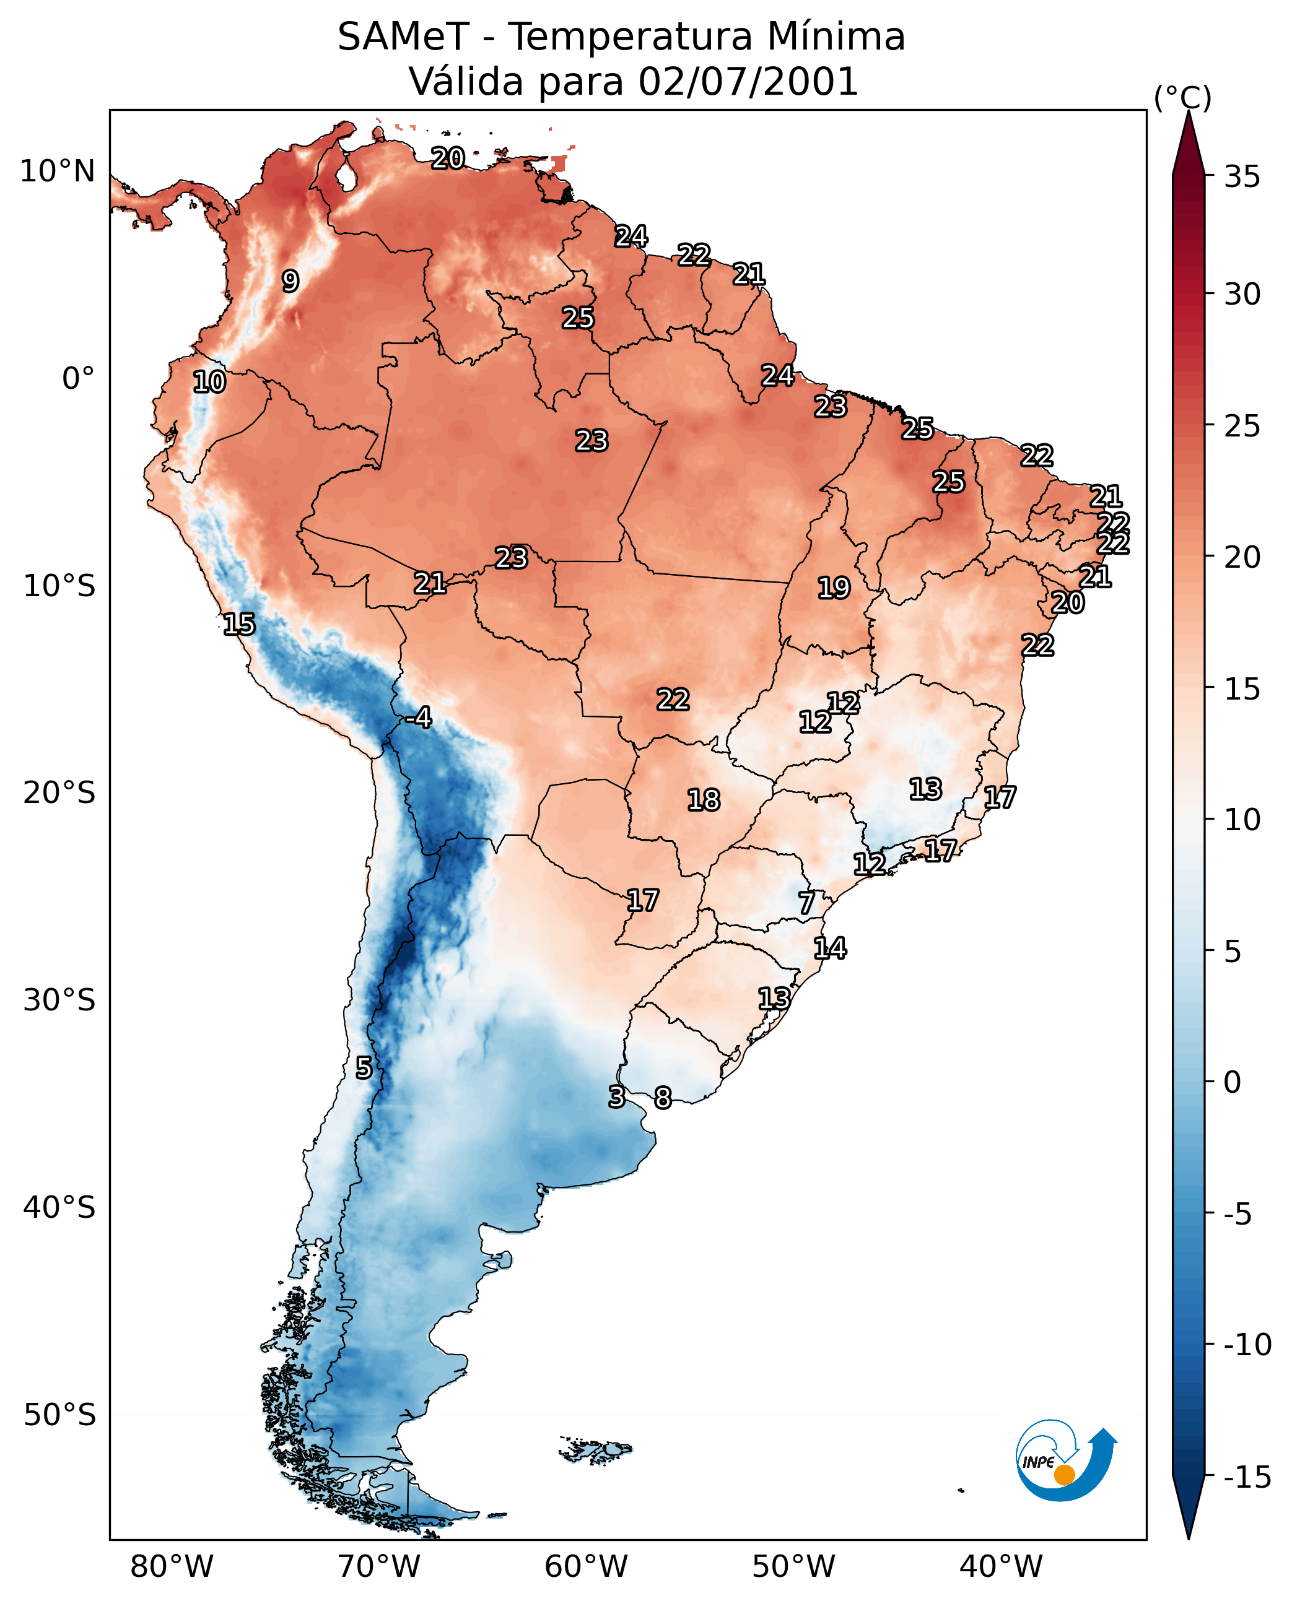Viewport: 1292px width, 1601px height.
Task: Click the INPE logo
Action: click(x=1066, y=1464)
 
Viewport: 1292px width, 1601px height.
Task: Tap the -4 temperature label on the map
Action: click(x=418, y=718)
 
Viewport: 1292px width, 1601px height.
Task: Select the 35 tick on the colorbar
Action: click(x=1242, y=177)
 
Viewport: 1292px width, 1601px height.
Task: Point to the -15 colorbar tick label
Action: click(x=1247, y=1478)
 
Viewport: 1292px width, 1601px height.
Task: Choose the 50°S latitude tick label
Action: click(x=59, y=1415)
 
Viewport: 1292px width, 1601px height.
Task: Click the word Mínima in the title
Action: click(x=836, y=37)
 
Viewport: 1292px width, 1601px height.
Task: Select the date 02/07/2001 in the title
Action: click(x=749, y=81)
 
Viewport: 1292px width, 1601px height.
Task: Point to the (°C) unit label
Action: click(x=1182, y=97)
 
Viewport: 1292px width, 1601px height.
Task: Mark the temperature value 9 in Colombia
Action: click(x=290, y=281)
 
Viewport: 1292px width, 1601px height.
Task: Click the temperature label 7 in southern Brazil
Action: click(x=807, y=903)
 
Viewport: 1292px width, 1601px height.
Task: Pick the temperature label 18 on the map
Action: click(x=704, y=800)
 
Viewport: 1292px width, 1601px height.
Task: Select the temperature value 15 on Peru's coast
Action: click(x=239, y=624)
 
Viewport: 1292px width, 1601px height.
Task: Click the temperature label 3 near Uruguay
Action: click(x=616, y=1096)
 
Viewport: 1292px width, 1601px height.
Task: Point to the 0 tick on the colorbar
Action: click(x=1233, y=1083)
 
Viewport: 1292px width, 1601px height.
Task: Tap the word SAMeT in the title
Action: click(x=403, y=37)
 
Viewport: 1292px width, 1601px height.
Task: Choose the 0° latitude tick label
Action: click(x=78, y=379)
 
